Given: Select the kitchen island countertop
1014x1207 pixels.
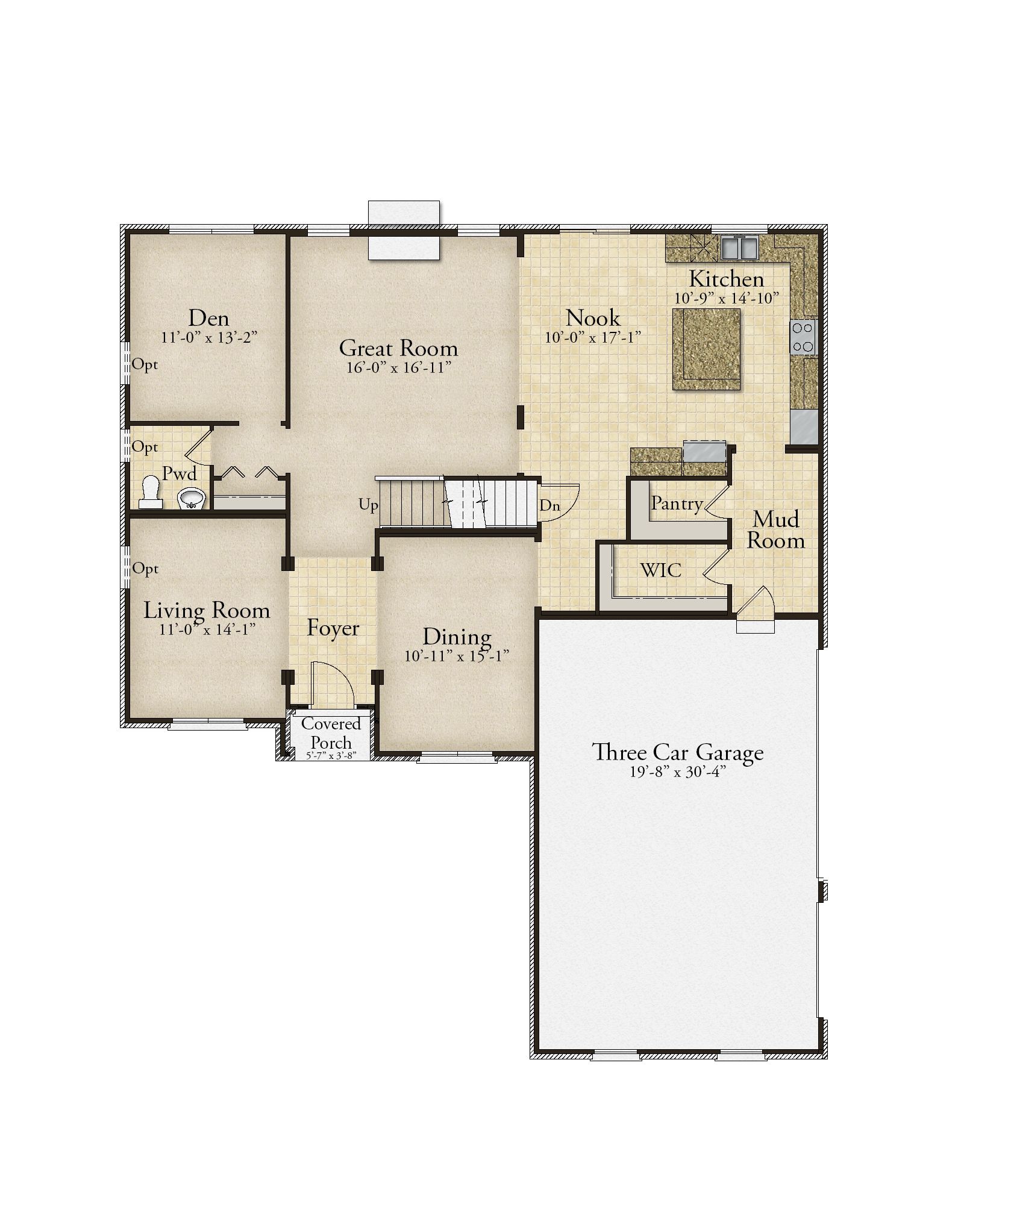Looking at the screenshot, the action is [x=706, y=349].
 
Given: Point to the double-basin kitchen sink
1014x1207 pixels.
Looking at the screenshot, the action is [x=739, y=248].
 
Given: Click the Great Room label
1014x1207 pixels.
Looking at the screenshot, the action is [x=398, y=348].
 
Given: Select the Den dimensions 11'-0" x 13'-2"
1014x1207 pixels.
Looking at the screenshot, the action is [x=209, y=337].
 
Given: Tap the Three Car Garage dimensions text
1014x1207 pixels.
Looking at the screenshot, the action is [x=677, y=772].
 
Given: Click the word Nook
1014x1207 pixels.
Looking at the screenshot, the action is [x=593, y=317].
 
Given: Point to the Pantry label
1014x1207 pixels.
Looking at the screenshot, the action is [x=677, y=504].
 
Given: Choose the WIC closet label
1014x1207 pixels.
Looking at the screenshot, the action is [x=661, y=570].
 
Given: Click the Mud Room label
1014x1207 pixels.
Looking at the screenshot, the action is [x=776, y=530].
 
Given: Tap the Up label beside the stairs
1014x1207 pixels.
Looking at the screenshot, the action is [x=368, y=505].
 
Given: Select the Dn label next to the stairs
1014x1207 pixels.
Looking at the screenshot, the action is [x=549, y=506].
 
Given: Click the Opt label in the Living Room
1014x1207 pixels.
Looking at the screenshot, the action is [x=145, y=569].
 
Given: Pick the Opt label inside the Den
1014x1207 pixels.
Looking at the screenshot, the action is [x=145, y=364].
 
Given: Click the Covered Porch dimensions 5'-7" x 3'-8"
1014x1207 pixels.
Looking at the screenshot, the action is [x=331, y=755].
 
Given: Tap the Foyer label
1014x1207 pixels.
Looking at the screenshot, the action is [x=333, y=628].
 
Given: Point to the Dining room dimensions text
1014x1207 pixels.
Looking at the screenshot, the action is [x=457, y=655].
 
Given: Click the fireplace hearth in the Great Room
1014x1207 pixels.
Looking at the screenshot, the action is [x=404, y=248].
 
